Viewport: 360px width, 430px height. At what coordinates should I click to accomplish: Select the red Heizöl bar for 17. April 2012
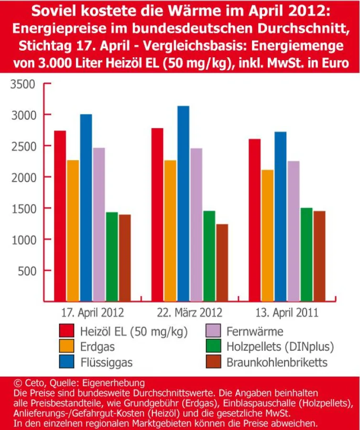point(60,215)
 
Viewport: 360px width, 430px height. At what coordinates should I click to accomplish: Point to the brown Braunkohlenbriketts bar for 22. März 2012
point(222,262)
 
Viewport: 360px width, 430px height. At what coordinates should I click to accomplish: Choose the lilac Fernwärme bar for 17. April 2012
point(99,224)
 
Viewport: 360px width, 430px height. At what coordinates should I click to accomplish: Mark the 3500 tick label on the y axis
point(22,85)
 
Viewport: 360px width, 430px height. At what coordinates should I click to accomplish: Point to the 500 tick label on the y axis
point(26,271)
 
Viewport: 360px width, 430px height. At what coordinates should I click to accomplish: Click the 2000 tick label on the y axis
point(22,177)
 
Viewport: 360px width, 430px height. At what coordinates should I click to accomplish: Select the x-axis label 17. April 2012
point(92,313)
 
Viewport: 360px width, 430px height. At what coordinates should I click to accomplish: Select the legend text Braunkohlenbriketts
point(277,362)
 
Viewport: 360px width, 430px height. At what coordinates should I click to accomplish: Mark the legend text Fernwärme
point(255,331)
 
